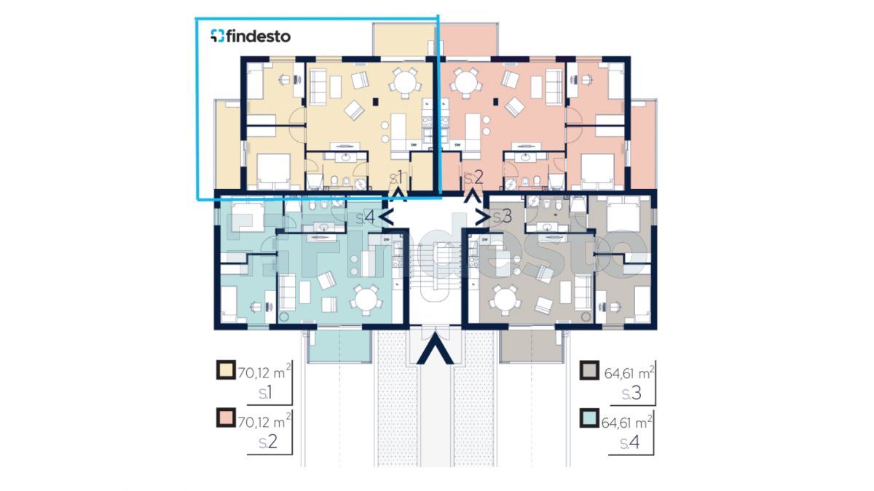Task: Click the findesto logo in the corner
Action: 251,36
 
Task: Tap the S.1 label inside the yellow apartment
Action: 396,177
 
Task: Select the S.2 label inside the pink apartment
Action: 474,177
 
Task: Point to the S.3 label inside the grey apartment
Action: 503,217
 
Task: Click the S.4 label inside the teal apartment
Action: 366,217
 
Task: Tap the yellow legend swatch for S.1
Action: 226,370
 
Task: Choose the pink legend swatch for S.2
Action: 226,418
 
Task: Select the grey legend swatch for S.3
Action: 589,370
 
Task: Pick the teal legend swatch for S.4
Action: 589,418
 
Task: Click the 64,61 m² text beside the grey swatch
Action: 629,372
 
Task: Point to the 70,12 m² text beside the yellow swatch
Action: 264,372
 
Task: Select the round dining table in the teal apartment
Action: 366,300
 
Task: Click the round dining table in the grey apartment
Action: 505,300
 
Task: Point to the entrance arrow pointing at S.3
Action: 483,217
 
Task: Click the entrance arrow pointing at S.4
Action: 386,217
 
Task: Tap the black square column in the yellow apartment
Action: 375,102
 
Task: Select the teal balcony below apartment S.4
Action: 339,346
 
